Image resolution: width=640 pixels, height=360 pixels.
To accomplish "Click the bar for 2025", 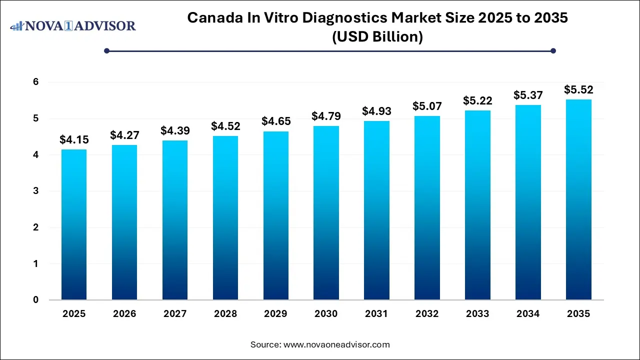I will pyautogui.click(x=74, y=224).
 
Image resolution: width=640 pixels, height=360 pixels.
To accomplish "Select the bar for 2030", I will pyautogui.click(x=326, y=212).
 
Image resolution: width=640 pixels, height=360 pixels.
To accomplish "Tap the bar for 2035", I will pyautogui.click(x=578, y=199).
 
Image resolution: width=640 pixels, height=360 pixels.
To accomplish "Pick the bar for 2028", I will pyautogui.click(x=225, y=217).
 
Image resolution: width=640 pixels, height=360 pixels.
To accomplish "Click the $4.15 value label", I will pyautogui.click(x=73, y=140).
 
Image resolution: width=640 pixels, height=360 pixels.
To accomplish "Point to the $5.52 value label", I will pyautogui.click(x=578, y=90).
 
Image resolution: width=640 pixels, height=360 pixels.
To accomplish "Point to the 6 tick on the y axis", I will pyautogui.click(x=36, y=82).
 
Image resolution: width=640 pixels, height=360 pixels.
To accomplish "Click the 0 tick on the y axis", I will pyautogui.click(x=36, y=300).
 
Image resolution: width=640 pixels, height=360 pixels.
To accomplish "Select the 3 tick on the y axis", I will pyautogui.click(x=36, y=191).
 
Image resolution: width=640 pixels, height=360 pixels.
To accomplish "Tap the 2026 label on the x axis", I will pyautogui.click(x=124, y=314).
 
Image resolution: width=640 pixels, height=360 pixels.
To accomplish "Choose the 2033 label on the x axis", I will pyautogui.click(x=477, y=314).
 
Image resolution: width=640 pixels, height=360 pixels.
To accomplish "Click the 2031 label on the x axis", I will pyautogui.click(x=376, y=314).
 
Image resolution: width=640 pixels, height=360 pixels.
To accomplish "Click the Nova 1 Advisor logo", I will pyautogui.click(x=73, y=25).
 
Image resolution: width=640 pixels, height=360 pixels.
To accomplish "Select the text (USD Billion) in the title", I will pyautogui.click(x=377, y=37).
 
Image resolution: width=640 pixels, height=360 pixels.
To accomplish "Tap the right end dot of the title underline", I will pyautogui.click(x=553, y=50).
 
